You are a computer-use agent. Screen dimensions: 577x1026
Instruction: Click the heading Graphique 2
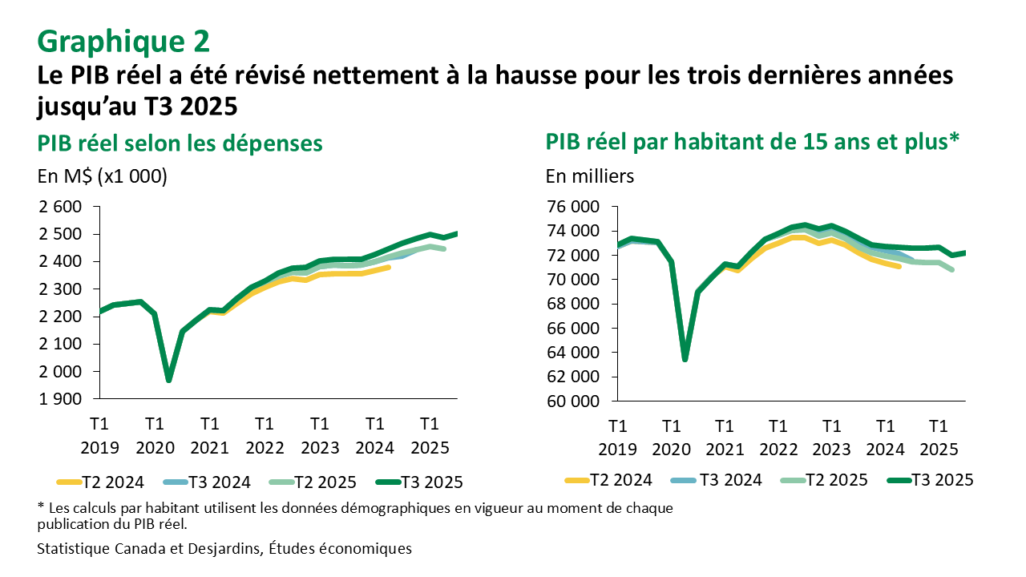click(123, 39)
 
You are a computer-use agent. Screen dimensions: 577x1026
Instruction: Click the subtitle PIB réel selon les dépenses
click(180, 143)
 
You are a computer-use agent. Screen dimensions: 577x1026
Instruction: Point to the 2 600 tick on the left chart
click(61, 207)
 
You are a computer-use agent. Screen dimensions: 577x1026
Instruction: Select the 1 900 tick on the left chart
click(61, 399)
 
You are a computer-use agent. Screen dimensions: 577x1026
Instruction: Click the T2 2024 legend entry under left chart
click(101, 482)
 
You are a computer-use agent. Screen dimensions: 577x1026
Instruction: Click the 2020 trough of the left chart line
click(169, 380)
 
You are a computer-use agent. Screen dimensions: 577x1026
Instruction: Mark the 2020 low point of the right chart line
click(685, 358)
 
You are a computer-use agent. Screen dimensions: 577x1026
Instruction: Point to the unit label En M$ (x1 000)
click(103, 176)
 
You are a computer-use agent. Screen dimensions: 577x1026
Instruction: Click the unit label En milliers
click(590, 176)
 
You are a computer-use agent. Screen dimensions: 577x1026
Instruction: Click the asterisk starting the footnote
click(41, 508)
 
